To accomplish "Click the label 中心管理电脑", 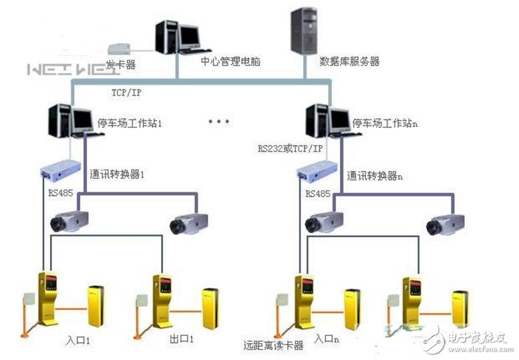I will (230, 61).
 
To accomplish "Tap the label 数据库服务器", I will (349, 61).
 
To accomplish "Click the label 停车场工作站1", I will (130, 124).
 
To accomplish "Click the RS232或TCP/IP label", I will (290, 148).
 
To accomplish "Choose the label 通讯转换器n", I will (375, 176).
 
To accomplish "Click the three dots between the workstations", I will (218, 122).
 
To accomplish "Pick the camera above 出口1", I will (188, 222).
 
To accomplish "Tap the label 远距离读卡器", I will (274, 345).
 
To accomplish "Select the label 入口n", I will (327, 340).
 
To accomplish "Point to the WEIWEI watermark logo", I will (64, 69).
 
